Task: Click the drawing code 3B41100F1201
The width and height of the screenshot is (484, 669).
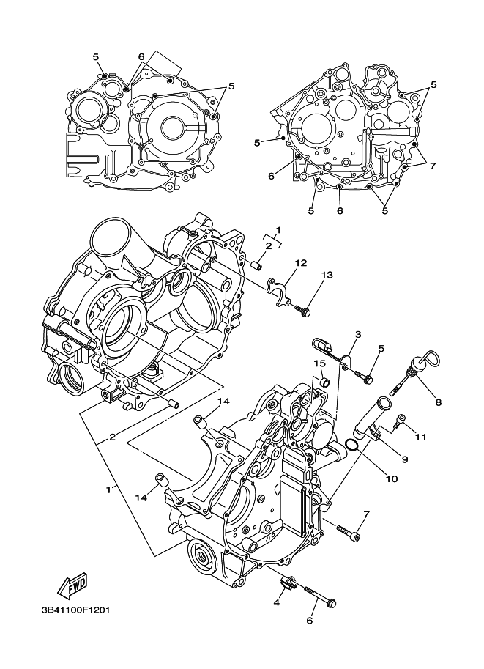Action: point(76,610)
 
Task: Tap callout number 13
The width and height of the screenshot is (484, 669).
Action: point(327,275)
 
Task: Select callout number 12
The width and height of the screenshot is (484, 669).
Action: point(300,263)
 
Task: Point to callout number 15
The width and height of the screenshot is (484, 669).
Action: point(320,363)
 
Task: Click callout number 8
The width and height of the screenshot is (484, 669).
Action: point(439,402)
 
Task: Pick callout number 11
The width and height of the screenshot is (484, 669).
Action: point(421,437)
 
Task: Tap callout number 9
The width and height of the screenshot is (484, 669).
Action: point(405,459)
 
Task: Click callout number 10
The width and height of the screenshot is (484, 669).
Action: point(392,479)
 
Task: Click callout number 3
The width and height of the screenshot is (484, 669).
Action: point(358,334)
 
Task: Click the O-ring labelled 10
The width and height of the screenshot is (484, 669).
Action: point(351,446)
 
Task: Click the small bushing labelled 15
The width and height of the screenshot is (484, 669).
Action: point(325,380)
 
